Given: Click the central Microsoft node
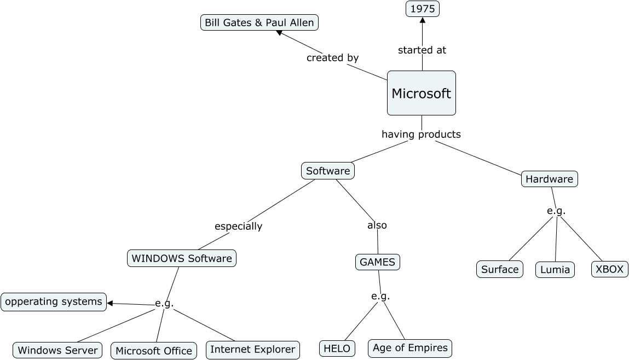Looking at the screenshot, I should point(421,93).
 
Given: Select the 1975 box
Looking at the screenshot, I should point(422,9).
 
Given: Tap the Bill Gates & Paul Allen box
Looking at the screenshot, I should point(259,22).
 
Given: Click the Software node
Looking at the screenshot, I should point(328,171).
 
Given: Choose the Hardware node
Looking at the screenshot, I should point(549,179).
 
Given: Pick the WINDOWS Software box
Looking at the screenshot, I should point(182,258).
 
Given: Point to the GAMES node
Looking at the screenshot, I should point(377,262).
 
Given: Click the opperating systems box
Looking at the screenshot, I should point(54,301).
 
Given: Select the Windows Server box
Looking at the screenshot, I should point(57,350).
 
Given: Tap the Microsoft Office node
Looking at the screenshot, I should point(154,351).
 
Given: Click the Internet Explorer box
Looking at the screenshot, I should point(253,350).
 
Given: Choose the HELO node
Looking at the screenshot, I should point(337,349).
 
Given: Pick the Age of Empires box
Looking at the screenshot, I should point(410,348).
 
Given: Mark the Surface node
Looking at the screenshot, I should point(500,269).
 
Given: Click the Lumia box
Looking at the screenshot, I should point(555,270).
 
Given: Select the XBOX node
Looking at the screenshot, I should point(609,269).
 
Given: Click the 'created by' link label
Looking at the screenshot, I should point(332,57).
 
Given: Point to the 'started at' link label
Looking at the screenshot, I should point(422,50).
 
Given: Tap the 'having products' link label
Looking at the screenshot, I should point(421,134).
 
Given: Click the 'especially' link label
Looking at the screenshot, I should point(238,226).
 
